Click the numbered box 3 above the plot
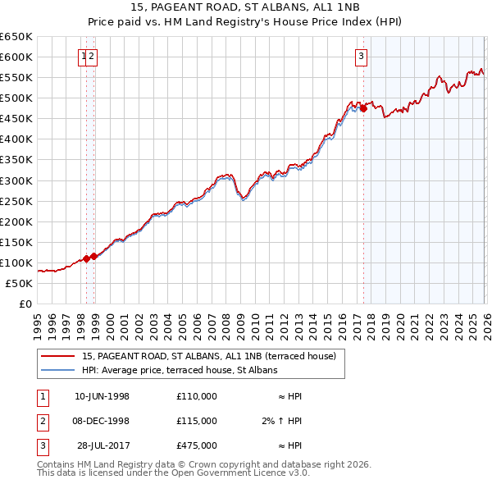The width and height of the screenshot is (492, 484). tap(361, 57)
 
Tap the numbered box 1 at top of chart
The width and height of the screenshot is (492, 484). tap(84, 57)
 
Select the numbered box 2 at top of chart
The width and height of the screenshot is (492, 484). tap(92, 57)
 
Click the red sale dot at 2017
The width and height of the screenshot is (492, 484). tap(363, 107)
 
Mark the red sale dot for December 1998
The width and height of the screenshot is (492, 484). tap(93, 256)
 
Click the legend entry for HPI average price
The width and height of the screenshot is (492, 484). tap(180, 370)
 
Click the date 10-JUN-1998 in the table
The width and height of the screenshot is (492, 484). tap(102, 396)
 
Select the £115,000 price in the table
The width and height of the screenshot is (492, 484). tap(196, 420)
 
